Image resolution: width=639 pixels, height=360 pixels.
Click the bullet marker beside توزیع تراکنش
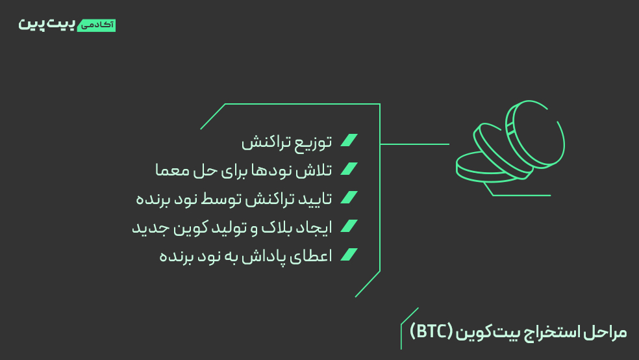pyautogui.click(x=349, y=140)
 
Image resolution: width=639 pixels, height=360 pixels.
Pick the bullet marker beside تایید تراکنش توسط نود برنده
pyautogui.click(x=349, y=198)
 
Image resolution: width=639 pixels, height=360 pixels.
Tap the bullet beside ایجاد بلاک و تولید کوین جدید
pyautogui.click(x=349, y=226)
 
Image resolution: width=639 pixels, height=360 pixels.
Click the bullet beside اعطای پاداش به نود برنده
pyautogui.click(x=349, y=255)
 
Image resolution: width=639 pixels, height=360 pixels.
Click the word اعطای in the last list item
pyautogui.click(x=315, y=256)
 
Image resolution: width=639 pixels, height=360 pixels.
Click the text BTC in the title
pyautogui.click(x=431, y=331)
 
